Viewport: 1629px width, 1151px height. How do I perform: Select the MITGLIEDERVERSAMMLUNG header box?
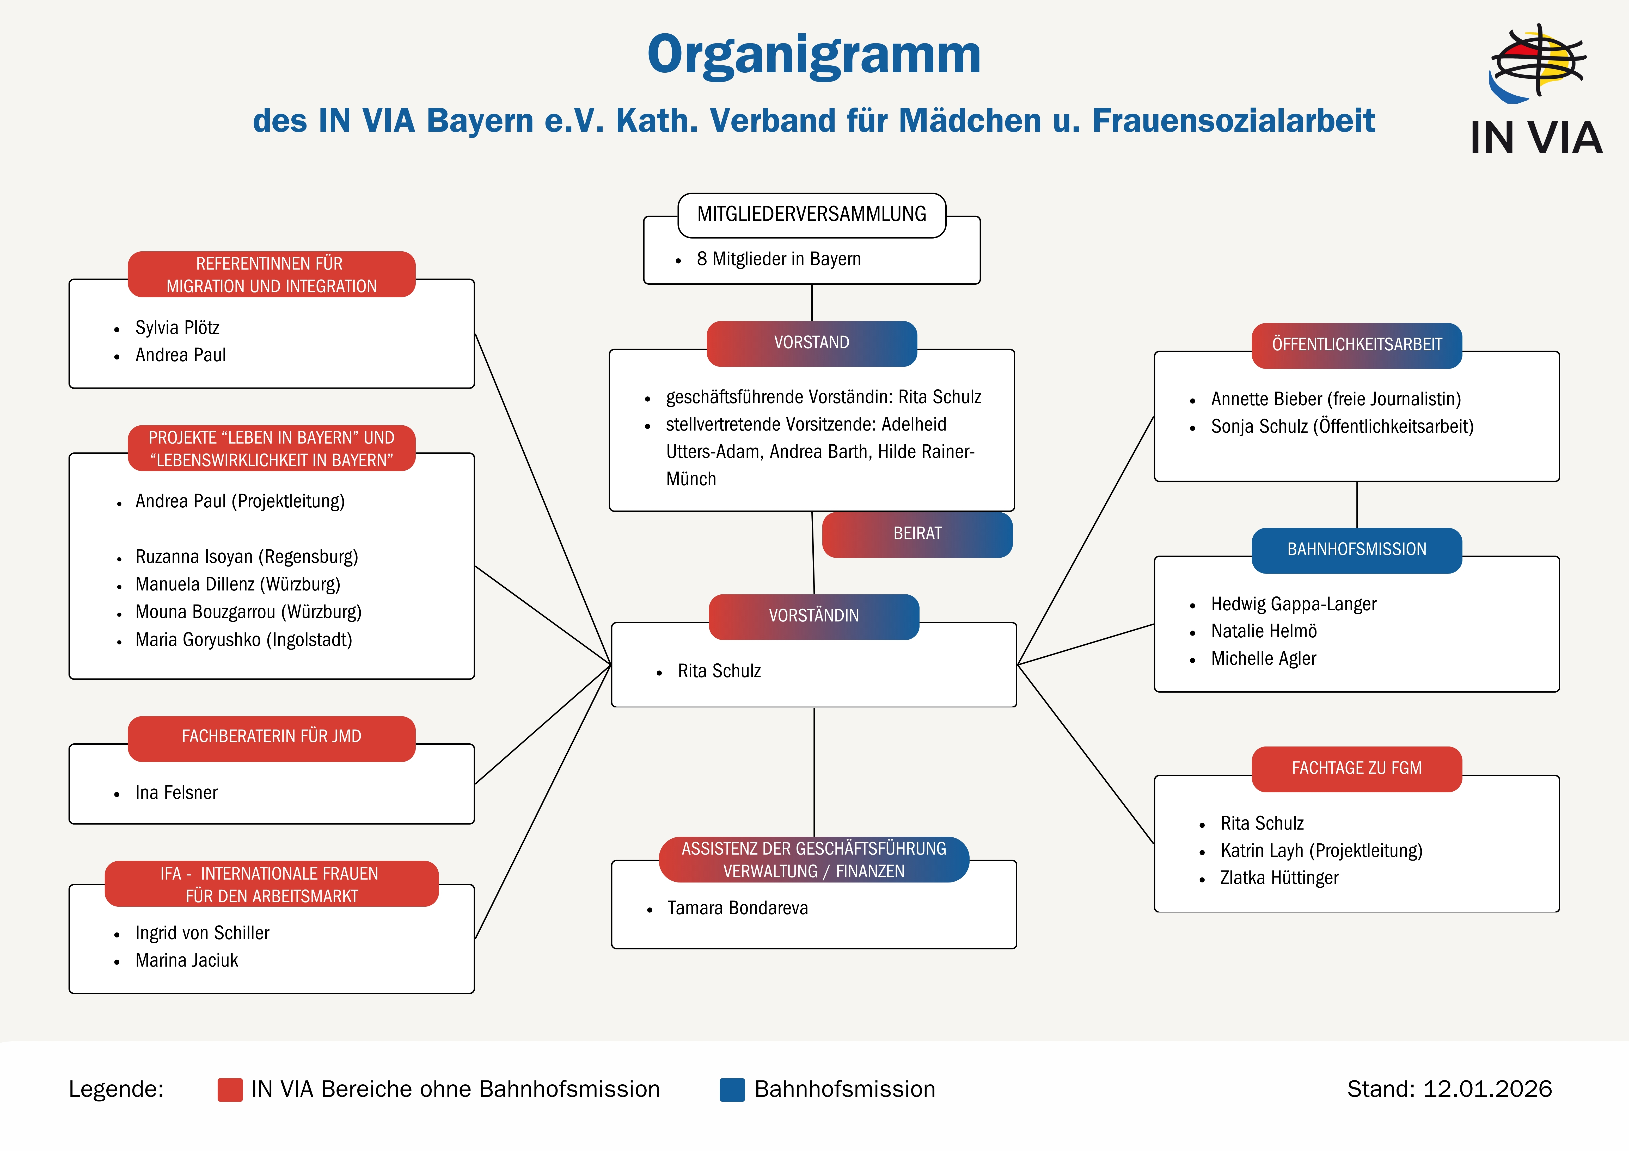tap(812, 214)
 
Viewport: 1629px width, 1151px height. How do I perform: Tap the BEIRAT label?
tap(917, 534)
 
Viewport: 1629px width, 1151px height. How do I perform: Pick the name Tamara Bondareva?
tap(737, 909)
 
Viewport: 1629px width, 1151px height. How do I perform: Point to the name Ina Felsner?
tap(176, 793)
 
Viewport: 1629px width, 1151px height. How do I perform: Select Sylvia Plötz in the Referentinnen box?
tap(177, 328)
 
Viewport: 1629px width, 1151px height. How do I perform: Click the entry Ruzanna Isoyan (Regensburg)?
tap(246, 557)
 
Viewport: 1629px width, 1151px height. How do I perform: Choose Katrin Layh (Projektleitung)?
tap(1321, 851)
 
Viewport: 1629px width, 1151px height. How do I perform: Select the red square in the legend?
tap(230, 1089)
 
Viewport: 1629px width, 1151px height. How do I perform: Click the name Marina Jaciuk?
tap(187, 961)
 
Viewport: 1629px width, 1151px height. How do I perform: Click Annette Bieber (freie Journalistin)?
tap(1335, 399)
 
